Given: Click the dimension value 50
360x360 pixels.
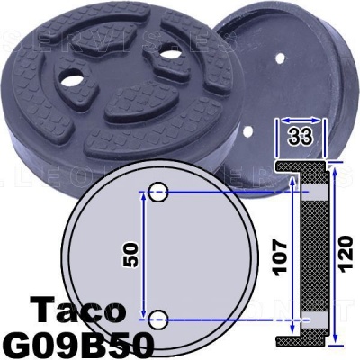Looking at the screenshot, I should click(x=131, y=254).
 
